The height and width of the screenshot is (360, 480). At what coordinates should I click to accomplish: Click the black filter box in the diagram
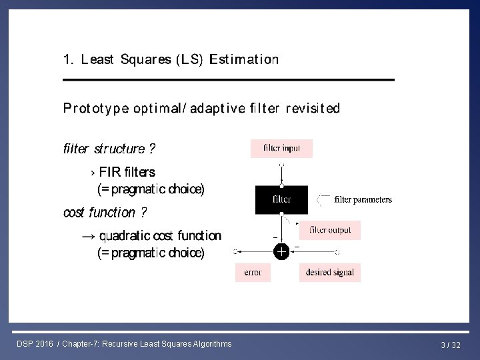[x=281, y=199]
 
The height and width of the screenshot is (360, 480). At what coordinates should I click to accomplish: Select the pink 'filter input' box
[x=281, y=148]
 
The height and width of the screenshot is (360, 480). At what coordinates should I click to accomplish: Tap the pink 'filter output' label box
[x=330, y=230]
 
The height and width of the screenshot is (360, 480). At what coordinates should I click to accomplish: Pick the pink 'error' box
[x=253, y=272]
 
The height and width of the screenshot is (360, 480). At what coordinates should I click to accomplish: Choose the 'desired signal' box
[x=330, y=272]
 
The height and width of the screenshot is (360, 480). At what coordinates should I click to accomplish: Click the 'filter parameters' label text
[x=363, y=199]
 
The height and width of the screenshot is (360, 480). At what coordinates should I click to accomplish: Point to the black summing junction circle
[x=281, y=251]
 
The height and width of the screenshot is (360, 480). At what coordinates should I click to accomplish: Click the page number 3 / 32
[x=451, y=345]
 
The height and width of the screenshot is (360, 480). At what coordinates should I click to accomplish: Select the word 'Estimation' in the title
[x=244, y=59]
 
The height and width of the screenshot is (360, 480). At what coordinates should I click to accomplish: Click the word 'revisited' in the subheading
[x=312, y=108]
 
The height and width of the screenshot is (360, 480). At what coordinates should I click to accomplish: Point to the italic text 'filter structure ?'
[x=110, y=148]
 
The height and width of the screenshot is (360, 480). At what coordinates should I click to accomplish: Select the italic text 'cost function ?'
[x=105, y=213]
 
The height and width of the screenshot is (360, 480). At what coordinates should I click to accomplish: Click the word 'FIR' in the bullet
[x=110, y=172]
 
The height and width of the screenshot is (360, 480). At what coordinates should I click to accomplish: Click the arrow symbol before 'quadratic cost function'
[x=88, y=236]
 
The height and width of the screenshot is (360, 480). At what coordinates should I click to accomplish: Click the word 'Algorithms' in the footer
[x=211, y=344]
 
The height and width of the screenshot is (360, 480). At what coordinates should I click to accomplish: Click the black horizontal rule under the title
[x=228, y=80]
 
